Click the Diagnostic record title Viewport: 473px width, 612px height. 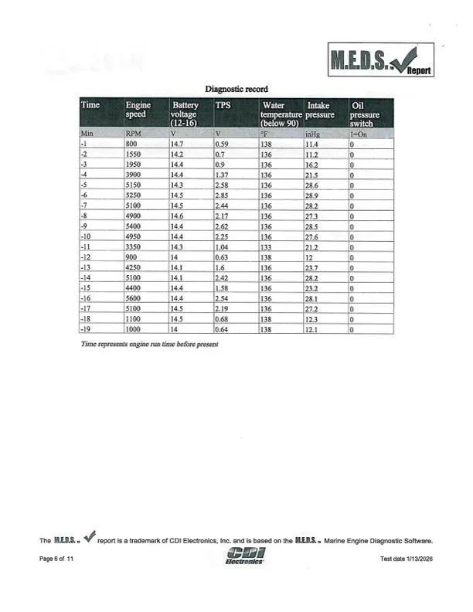click(x=236, y=90)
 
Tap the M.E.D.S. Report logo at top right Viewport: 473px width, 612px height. click(x=382, y=60)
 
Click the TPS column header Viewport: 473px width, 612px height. click(x=223, y=105)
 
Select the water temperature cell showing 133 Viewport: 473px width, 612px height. click(x=267, y=247)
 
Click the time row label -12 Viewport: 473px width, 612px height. click(x=87, y=257)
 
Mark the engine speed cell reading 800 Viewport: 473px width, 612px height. click(x=131, y=144)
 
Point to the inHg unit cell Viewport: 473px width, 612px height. click(x=312, y=134)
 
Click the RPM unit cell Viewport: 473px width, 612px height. click(x=132, y=134)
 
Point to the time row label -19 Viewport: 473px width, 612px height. click(x=87, y=329)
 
